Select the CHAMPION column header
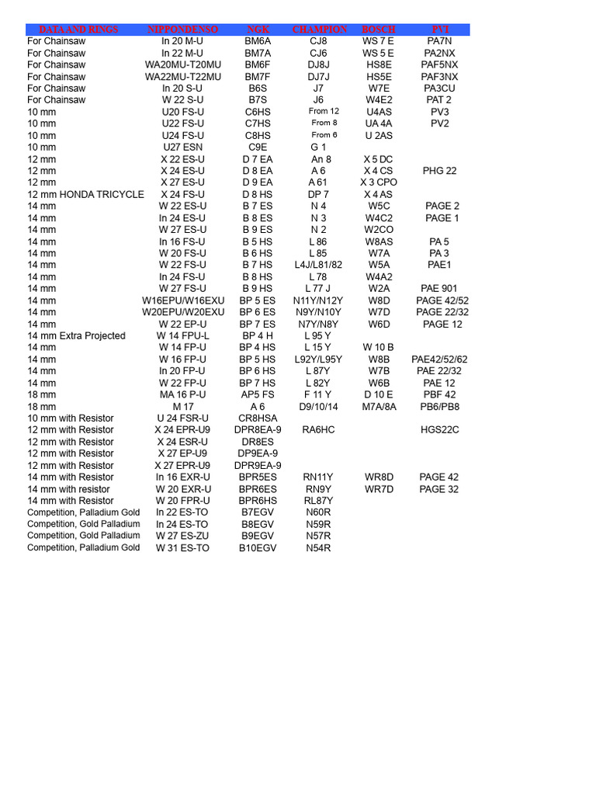click(319, 30)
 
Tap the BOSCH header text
click(379, 30)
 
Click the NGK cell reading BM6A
click(257, 41)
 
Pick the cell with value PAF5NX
click(439, 64)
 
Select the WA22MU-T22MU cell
click(182, 77)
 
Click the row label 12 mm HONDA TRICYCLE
click(85, 194)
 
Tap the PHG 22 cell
click(439, 171)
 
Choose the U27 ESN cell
click(182, 147)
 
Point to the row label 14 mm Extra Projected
click(76, 335)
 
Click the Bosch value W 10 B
click(379, 347)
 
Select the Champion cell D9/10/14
click(318, 406)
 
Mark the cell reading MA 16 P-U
click(182, 394)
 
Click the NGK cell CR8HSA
click(257, 418)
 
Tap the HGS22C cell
click(439, 429)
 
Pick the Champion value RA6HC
click(318, 429)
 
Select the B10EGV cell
click(257, 547)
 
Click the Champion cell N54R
click(318, 547)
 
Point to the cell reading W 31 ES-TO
click(182, 547)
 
